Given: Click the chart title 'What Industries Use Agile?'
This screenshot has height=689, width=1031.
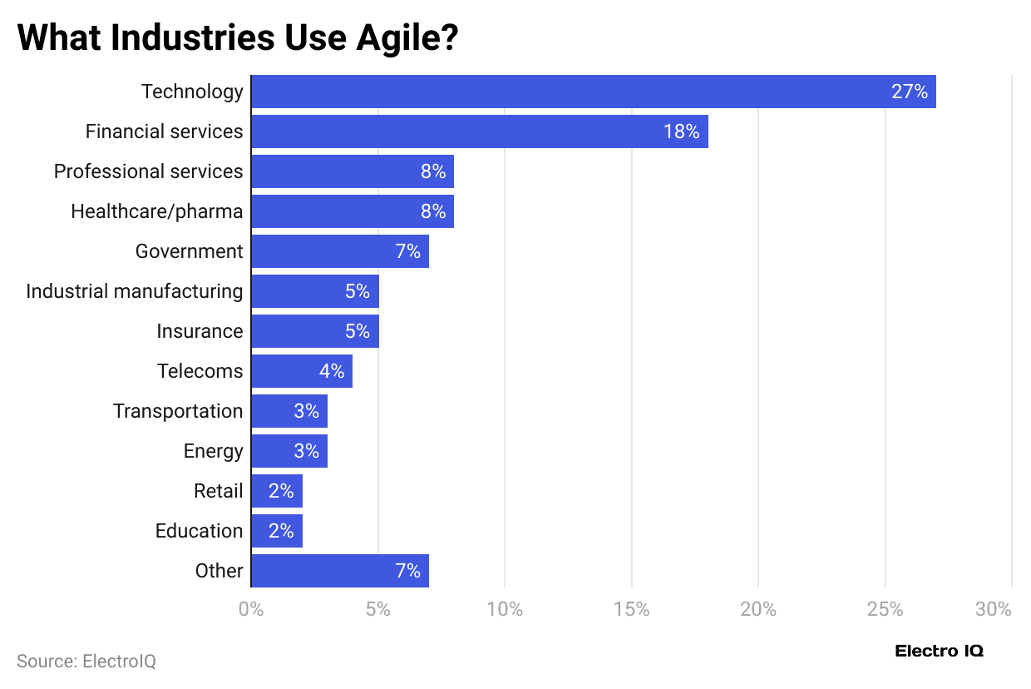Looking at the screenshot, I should (x=238, y=37).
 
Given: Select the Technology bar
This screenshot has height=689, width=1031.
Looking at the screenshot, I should (x=593, y=92).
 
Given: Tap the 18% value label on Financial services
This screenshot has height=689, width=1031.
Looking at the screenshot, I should (x=681, y=131).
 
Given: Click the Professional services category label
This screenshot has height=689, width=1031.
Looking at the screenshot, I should (x=148, y=171).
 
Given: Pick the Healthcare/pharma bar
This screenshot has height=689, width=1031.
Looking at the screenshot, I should (x=352, y=211).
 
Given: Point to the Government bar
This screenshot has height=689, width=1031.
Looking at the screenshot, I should (x=339, y=251).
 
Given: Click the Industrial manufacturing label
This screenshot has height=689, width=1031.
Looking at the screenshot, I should (x=135, y=291).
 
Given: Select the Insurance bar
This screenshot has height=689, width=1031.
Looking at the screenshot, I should (x=314, y=331).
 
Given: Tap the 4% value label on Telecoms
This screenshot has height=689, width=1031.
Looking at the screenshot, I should (x=332, y=371).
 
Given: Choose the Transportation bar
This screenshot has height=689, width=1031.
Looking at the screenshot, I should (x=289, y=411).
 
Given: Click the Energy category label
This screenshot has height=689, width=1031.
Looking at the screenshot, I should (x=213, y=451).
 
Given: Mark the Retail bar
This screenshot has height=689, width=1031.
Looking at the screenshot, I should (x=276, y=491).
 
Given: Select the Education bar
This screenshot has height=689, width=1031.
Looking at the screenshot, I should (x=276, y=531).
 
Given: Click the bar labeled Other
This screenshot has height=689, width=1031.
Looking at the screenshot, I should (x=339, y=571).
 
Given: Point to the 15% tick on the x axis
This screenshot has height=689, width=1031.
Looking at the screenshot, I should (x=631, y=609).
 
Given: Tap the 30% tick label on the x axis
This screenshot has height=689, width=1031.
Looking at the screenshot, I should (x=994, y=609).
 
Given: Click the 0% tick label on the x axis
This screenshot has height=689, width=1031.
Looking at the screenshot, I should (x=251, y=609).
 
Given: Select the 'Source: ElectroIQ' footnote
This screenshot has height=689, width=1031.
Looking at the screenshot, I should (x=86, y=662).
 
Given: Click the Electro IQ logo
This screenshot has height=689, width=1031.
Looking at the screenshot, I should (x=939, y=651).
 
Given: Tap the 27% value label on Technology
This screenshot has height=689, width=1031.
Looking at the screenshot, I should (x=909, y=92).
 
